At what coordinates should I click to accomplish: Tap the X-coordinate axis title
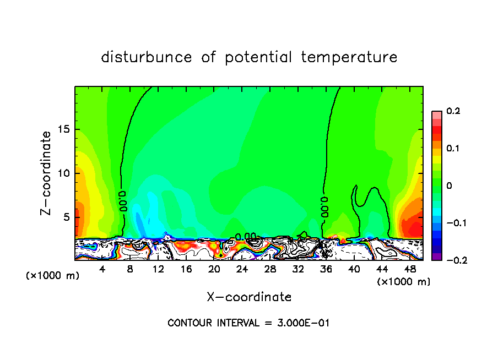point(249,297)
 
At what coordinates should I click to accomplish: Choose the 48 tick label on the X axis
point(409,269)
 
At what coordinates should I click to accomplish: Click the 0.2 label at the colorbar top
point(453,111)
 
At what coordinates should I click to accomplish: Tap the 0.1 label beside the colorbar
point(453,149)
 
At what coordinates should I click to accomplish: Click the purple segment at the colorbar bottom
point(437,257)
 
